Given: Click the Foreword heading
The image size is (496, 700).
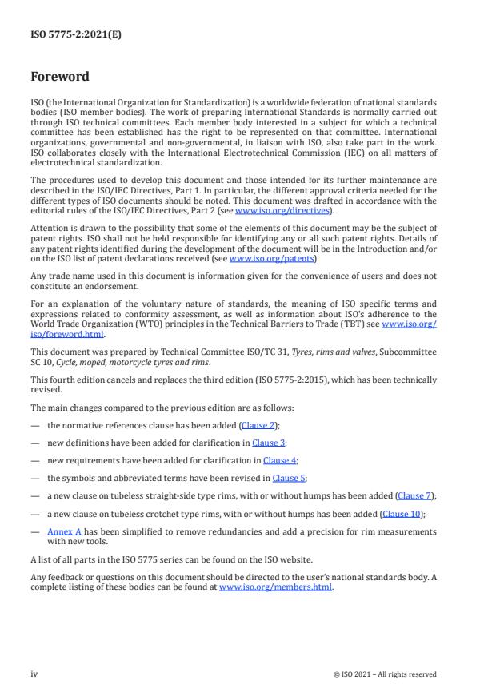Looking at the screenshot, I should coord(60,77).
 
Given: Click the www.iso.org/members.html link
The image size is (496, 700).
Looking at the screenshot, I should coord(276,587).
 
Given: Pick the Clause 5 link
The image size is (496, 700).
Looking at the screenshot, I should coord(288,478).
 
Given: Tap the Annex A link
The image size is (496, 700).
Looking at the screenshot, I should coord(60,531).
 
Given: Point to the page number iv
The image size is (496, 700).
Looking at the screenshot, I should coord(34,674).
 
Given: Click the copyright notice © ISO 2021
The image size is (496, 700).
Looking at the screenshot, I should coord(385,674).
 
